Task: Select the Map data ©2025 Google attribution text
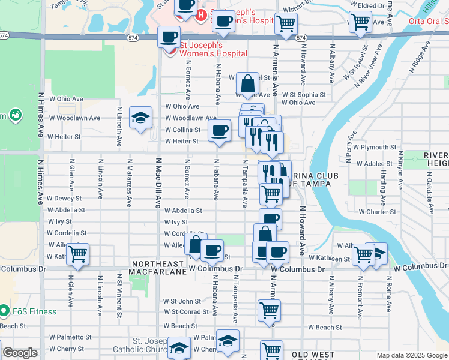pos(411,355)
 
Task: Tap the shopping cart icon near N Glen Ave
pos(78,254)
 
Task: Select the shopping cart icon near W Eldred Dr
pos(361,22)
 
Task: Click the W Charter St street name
pos(378,212)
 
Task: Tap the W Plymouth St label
pos(375,147)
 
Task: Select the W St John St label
pos(182,301)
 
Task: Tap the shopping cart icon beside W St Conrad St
pos(269,311)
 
